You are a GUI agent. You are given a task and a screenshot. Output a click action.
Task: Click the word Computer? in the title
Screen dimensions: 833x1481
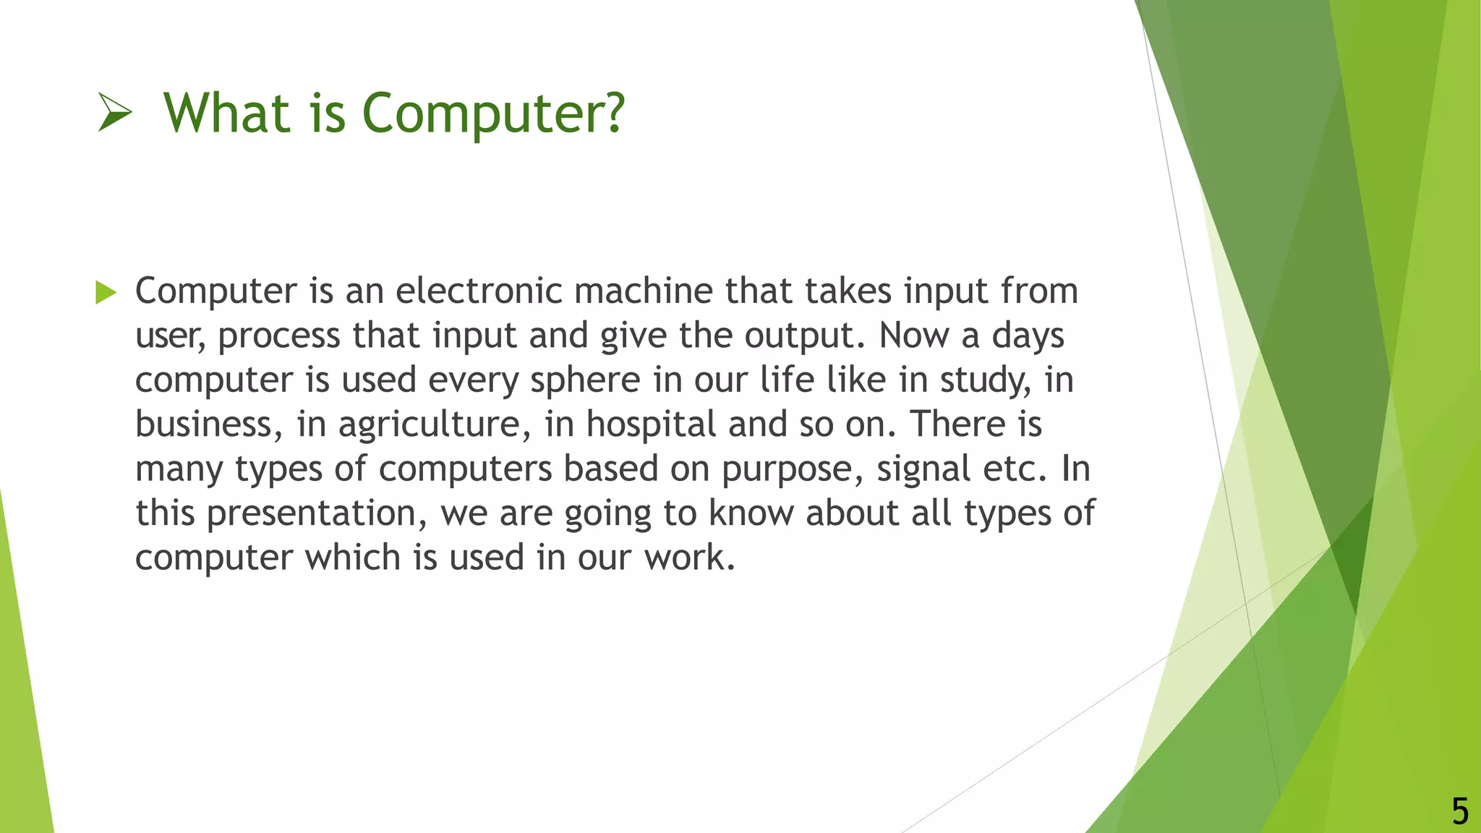point(492,114)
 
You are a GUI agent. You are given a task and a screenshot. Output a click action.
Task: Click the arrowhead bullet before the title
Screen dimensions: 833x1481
point(115,114)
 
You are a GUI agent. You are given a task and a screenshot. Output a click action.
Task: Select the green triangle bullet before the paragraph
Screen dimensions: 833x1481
point(106,293)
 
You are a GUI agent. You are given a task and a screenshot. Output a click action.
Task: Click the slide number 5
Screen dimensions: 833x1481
point(1460,811)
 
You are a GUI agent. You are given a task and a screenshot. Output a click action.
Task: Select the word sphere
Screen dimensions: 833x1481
point(585,380)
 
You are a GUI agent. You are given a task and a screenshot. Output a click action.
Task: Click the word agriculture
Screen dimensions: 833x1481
point(429,425)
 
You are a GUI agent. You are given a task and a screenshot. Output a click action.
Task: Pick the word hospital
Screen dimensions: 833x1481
point(651,425)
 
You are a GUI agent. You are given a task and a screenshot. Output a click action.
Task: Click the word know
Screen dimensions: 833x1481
point(751,514)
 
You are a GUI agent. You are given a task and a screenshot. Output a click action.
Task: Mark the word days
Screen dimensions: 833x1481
point(1028,336)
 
